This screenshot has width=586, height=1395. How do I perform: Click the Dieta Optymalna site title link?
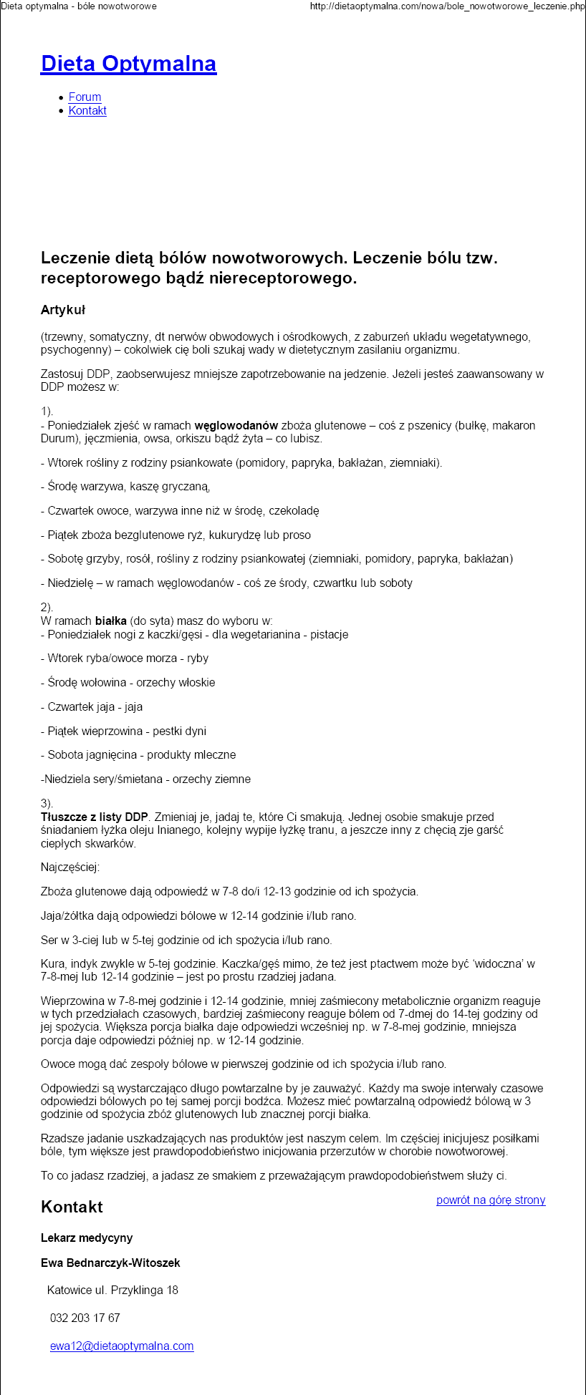click(128, 64)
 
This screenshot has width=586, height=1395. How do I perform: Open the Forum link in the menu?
click(85, 97)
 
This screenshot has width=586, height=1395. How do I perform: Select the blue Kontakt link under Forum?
click(87, 111)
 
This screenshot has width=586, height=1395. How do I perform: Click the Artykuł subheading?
click(63, 310)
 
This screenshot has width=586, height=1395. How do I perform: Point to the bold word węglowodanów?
click(236, 426)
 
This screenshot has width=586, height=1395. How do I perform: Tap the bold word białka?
click(110, 621)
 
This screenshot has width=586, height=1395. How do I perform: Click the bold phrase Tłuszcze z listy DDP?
click(95, 817)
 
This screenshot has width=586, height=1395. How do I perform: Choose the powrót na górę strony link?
click(491, 1200)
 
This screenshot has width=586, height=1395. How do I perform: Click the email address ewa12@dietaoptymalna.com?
click(122, 1346)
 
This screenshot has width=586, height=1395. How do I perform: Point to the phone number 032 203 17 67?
click(85, 1318)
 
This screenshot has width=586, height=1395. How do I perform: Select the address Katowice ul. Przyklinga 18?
click(112, 1291)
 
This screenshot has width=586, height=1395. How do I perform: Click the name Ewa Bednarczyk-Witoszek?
click(110, 1263)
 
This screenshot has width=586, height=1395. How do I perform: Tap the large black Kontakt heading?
click(72, 1207)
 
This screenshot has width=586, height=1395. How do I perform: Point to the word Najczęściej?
click(70, 867)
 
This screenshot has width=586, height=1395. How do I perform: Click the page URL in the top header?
click(447, 6)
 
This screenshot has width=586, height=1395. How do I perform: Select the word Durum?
click(57, 439)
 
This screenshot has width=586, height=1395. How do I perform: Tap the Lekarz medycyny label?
click(87, 1238)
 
